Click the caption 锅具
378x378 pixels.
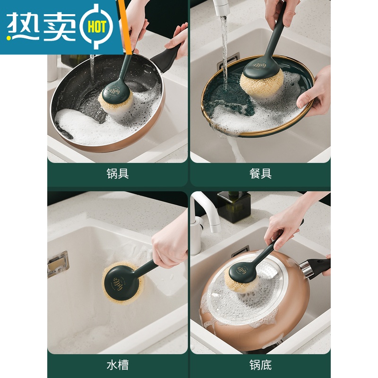point(118,173)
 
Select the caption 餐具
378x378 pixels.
point(260,173)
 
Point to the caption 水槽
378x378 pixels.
point(118,364)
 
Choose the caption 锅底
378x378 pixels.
point(260,364)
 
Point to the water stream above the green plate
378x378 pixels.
point(224,47)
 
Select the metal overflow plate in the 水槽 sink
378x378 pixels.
point(58,264)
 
